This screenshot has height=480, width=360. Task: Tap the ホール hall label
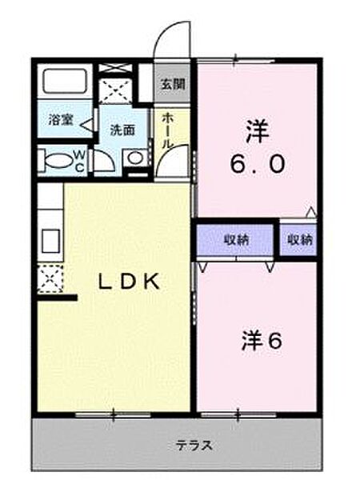pyautogui.click(x=168, y=130)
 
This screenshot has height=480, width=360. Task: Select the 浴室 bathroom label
pyautogui.click(x=61, y=120)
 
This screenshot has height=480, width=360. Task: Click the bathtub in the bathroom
pyautogui.click(x=65, y=81)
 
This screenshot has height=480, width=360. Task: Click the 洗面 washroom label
pyautogui.click(x=122, y=130)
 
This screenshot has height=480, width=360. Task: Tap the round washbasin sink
pyautogui.click(x=135, y=158)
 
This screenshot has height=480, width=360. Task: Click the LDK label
pyautogui.click(x=129, y=282)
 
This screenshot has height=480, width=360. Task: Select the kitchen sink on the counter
pyautogui.click(x=50, y=242)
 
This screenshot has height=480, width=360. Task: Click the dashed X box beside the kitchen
pyautogui.click(x=50, y=279)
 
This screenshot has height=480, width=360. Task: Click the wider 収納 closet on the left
pyautogui.click(x=235, y=240)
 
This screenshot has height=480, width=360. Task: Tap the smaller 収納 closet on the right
pyautogui.click(x=298, y=240)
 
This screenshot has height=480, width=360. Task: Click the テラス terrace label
pyautogui.click(x=194, y=445)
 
